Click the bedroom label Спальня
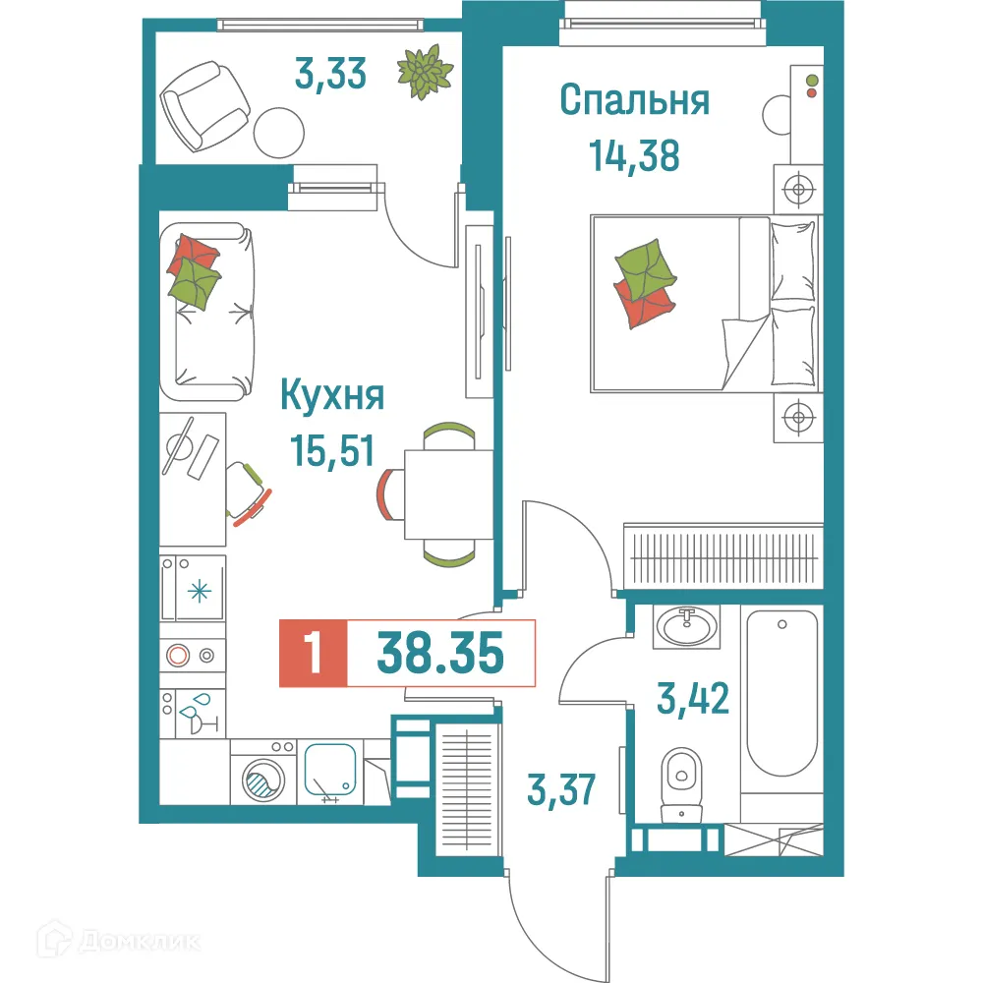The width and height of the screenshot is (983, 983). coord(634,100)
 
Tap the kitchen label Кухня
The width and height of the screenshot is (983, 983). coord(332,396)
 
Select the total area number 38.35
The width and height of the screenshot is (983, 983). coord(440,654)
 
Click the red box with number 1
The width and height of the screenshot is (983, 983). coord(314,654)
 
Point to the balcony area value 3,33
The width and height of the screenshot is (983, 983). coord(331,74)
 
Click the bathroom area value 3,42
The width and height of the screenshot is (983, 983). coord(694,699)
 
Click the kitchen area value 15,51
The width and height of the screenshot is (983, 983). coord(332,450)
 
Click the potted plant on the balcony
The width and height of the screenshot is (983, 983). coord(425,72)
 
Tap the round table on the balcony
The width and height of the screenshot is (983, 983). coord(280,129)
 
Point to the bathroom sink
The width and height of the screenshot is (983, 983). coord(687,625)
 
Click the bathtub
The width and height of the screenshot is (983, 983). coord(781,693)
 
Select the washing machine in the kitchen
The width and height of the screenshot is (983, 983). coord(261,777)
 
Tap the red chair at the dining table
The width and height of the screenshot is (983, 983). coord(390,492)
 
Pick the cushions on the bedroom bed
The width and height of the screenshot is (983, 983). coord(645,281)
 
